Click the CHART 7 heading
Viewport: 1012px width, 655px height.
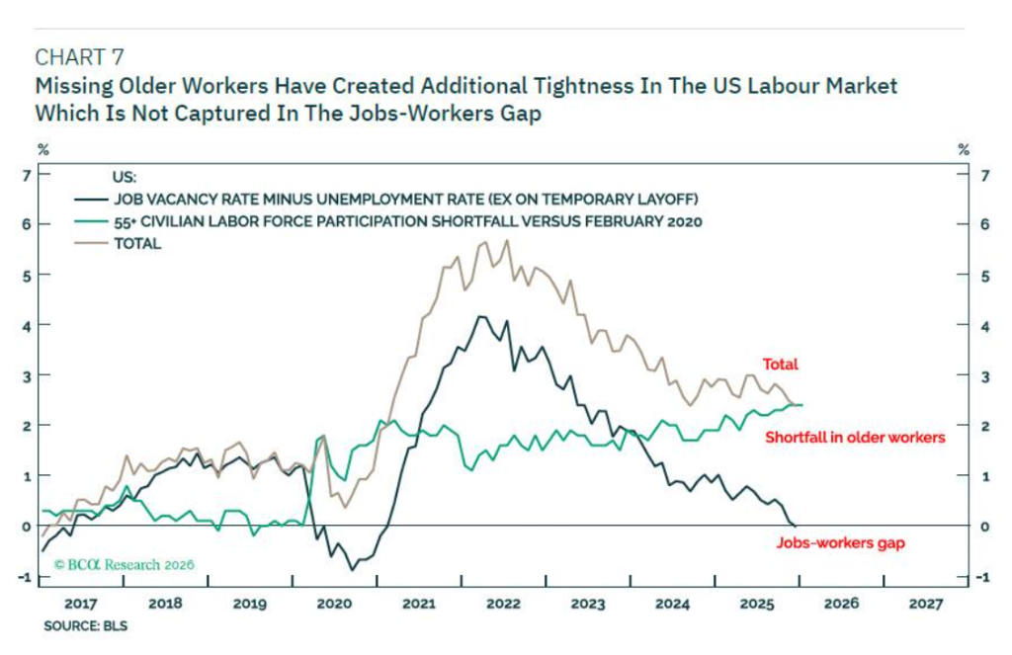79,56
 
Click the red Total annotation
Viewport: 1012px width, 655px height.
780,365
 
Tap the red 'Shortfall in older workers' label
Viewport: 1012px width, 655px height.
855,437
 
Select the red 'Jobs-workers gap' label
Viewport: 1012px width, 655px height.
840,542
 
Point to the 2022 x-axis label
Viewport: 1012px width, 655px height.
502,603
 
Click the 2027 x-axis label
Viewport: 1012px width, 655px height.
924,603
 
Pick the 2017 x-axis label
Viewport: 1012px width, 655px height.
81,603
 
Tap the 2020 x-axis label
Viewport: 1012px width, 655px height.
334,603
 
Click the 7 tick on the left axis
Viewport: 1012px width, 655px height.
27,175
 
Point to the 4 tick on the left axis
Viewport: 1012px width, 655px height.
27,325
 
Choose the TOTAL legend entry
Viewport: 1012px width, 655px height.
137,243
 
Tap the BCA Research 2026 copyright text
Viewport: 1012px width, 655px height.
125,565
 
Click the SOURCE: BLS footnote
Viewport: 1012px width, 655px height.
85,625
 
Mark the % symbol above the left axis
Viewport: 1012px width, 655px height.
43,149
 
